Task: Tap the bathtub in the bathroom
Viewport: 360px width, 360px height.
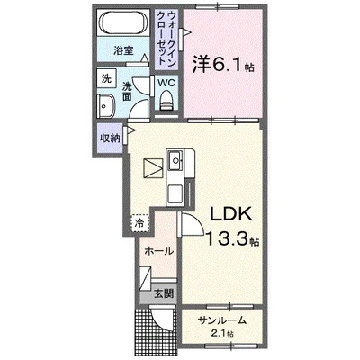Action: (122, 24)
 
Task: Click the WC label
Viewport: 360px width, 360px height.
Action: (166, 84)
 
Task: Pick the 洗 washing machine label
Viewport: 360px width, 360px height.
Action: (105, 78)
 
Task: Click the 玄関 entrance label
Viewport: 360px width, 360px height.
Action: (163, 293)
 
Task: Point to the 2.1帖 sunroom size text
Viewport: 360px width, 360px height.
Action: (221, 334)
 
